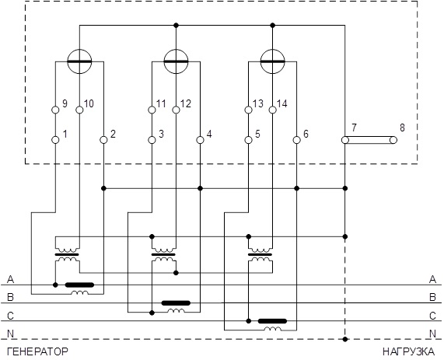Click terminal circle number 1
coord(56,140)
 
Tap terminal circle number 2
coord(104,140)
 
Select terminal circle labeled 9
coord(56,110)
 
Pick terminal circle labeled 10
coord(80,110)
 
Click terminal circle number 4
coord(200,140)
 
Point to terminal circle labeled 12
coord(177,110)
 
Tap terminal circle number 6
coord(296,140)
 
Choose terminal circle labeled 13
coord(248,110)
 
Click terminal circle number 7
coord(345,140)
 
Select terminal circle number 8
coord(393,140)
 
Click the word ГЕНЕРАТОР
coord(37,351)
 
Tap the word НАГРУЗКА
coord(408,351)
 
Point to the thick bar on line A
coord(79,285)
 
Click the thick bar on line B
coord(176,303)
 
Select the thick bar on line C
coord(272,321)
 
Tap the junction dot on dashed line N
coord(345,339)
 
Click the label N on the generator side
coord(10,334)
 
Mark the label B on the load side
coord(432,297)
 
